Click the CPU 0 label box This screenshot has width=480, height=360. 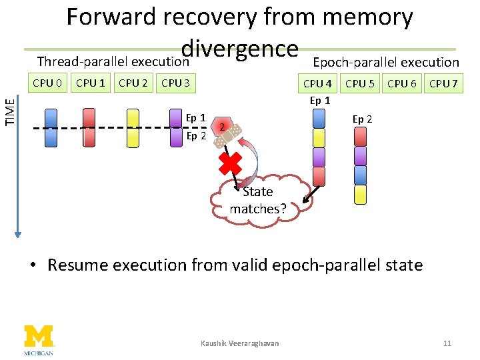click(48, 83)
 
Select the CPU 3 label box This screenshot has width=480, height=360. click(176, 83)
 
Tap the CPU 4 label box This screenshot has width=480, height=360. click(317, 83)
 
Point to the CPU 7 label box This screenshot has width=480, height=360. click(443, 83)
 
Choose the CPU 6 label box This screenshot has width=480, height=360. click(402, 83)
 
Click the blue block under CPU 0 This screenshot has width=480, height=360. click(51, 127)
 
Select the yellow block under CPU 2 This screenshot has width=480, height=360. click(133, 127)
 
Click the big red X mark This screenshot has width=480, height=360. click(230, 163)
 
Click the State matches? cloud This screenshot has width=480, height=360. click(258, 200)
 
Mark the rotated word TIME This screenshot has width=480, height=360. click(9, 111)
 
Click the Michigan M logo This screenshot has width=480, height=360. click(39, 337)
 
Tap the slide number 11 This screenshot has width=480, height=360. click(447, 343)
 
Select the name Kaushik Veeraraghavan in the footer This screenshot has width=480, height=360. click(239, 343)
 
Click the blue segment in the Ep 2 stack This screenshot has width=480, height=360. click(361, 175)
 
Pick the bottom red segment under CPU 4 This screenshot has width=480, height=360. click(319, 176)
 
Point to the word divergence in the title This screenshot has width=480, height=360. click(239, 48)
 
